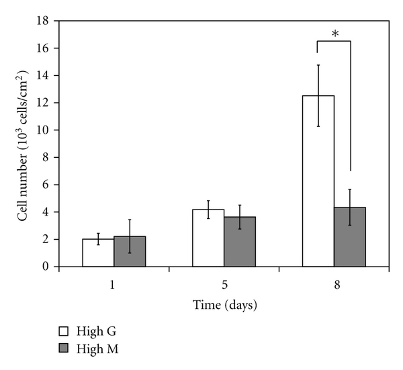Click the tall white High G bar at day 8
tap(318, 181)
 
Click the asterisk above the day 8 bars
tap(334, 31)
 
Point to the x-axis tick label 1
tap(114, 285)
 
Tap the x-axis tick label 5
tap(224, 285)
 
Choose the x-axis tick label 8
tap(334, 285)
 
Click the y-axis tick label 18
tap(42, 20)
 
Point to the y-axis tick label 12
tap(42, 103)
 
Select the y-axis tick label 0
tap(45, 267)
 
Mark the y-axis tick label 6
tap(45, 185)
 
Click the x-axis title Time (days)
tap(224, 305)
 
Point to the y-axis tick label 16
tap(42, 48)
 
